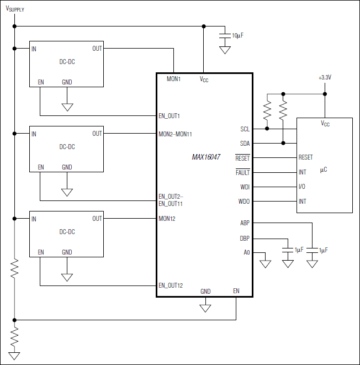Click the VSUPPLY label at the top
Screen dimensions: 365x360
tap(15, 9)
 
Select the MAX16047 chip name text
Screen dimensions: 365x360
tap(206, 157)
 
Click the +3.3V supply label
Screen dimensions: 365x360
tap(325, 78)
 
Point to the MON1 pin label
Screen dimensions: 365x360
tap(174, 80)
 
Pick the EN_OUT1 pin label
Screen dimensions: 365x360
tap(170, 116)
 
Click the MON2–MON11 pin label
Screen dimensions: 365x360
tap(175, 134)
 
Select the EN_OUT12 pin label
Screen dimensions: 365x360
tap(171, 285)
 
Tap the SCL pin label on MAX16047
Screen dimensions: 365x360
tap(245, 129)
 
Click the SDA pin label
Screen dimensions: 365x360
tap(245, 144)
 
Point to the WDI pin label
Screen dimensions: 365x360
tap(245, 187)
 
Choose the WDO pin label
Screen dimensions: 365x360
tap(244, 202)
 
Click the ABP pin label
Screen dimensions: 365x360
tap(245, 224)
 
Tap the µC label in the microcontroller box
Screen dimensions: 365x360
tap(324, 170)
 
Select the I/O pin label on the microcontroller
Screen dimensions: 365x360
tap(302, 187)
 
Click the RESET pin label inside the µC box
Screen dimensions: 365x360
tap(306, 158)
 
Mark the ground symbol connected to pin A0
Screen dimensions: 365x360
tap(266, 263)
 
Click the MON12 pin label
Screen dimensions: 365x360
tap(167, 219)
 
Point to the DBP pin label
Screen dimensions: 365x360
tap(245, 239)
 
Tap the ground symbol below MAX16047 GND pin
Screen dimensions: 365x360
tap(205, 308)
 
